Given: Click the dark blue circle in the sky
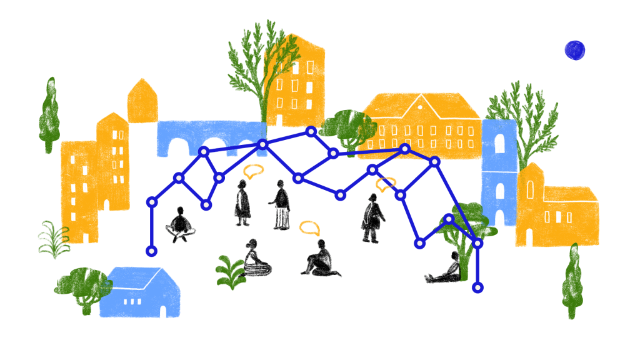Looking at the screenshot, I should (574, 50).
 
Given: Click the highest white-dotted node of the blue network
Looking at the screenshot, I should (311, 131).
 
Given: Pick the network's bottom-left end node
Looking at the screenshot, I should (151, 251).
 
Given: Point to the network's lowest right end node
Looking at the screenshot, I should (477, 287).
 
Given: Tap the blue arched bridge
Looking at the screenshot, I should (206, 136).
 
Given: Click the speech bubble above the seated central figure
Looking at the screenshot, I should (309, 227).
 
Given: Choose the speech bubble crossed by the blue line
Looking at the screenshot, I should (385, 184).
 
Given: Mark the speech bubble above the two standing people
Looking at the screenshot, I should (254, 171).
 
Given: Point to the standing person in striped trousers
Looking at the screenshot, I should (281, 205).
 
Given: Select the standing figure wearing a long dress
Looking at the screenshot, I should (242, 202).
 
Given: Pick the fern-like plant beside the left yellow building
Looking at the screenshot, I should (53, 239).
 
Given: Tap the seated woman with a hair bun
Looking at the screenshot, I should (254, 259).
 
